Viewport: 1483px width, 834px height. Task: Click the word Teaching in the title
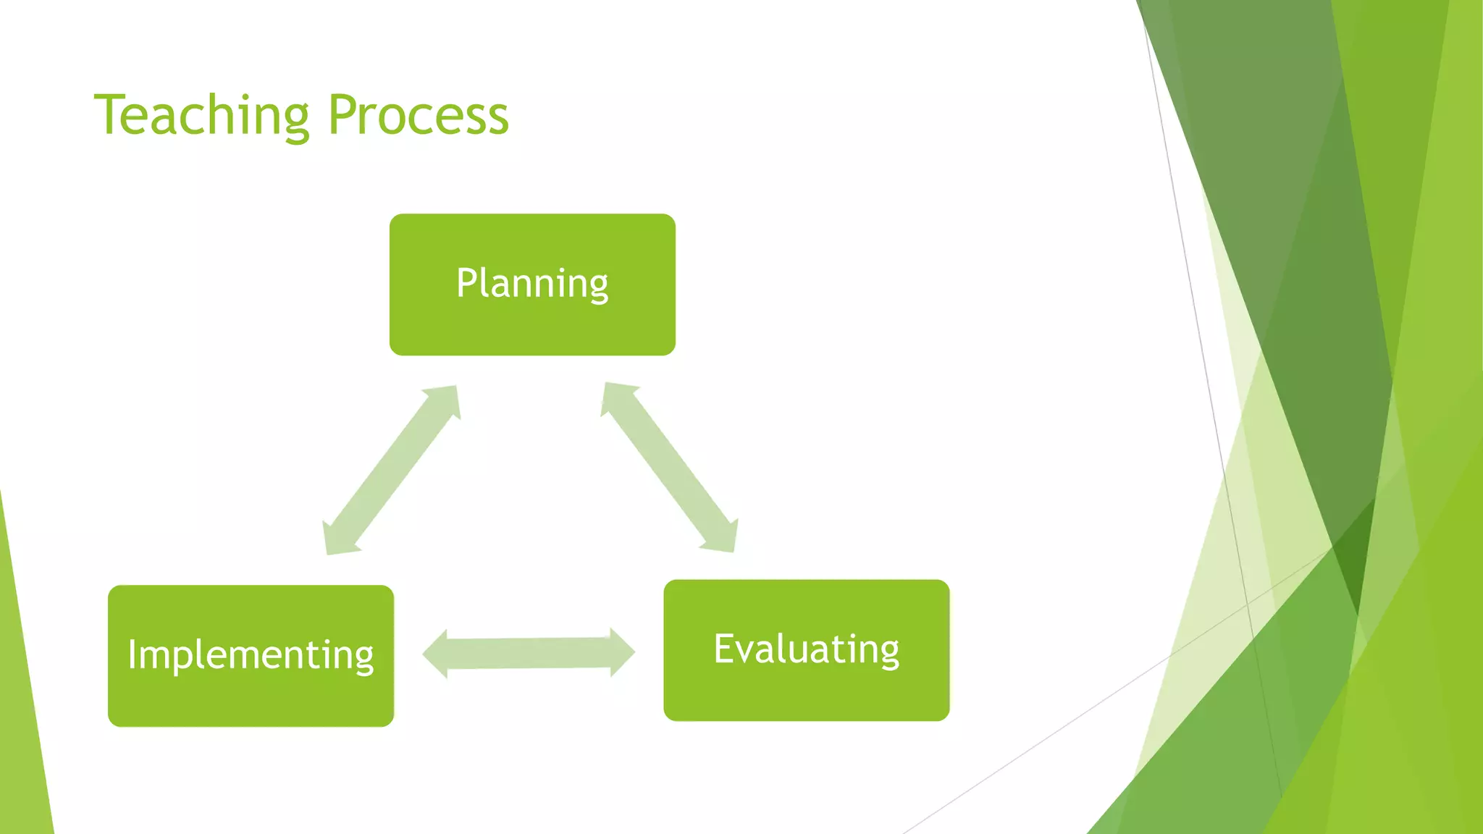[x=202, y=115]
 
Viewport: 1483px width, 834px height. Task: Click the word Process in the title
[x=419, y=115]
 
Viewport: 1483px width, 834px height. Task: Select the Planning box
[x=532, y=284]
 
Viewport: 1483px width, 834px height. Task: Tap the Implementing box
[x=251, y=655]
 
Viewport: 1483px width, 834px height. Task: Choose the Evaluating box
[x=806, y=649]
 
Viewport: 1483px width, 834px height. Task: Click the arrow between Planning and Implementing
[x=391, y=471]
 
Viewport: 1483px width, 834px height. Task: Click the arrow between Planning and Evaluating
[x=670, y=468]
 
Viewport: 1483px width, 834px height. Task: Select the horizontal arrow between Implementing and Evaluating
[x=529, y=653]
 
